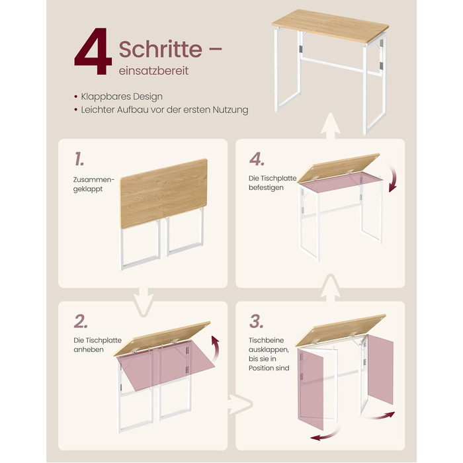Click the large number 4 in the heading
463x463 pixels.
[93, 51]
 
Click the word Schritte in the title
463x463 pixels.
[161, 49]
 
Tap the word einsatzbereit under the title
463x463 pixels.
[153, 71]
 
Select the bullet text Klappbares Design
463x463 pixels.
[122, 97]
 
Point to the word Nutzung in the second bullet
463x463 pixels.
[230, 110]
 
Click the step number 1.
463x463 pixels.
[79, 159]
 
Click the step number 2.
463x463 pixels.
[81, 321]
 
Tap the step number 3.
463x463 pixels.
[257, 321]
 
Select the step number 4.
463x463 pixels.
[257, 159]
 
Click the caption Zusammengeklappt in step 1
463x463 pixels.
[94, 185]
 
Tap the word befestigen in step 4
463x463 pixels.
[266, 187]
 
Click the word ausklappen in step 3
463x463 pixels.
[269, 350]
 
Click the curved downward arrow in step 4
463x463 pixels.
[393, 178]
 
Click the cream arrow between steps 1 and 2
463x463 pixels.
[144, 302]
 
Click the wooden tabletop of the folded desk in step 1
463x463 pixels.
[164, 193]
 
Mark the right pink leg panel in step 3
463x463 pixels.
[380, 369]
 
